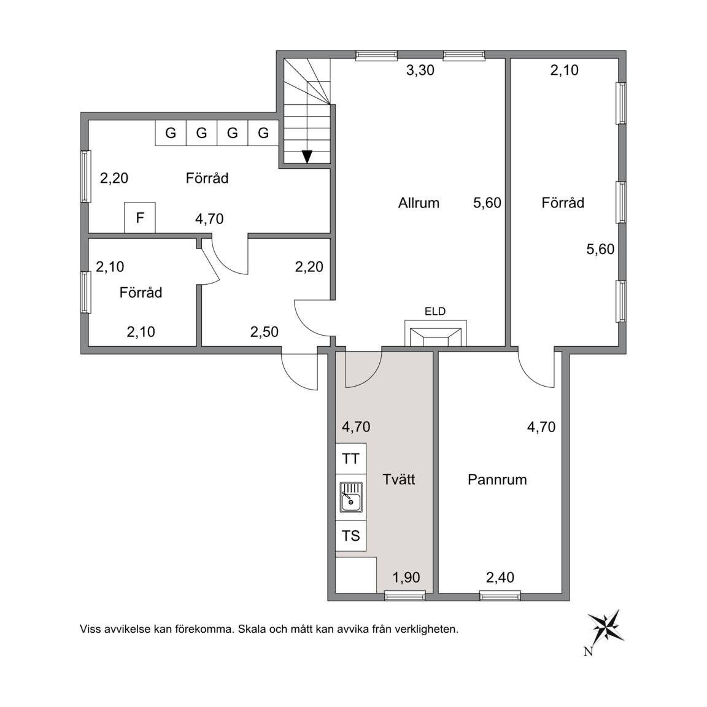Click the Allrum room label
(x=419, y=203)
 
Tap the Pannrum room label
(x=497, y=479)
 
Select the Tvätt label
(x=398, y=479)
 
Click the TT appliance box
(x=351, y=458)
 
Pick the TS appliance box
(x=351, y=536)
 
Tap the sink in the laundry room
(x=351, y=497)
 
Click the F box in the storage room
(x=140, y=218)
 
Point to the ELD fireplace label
(x=435, y=311)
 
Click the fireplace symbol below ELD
(x=436, y=334)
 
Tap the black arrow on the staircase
(x=307, y=156)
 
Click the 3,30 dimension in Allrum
(x=420, y=71)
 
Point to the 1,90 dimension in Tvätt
(x=406, y=577)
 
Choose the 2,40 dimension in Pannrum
(x=500, y=577)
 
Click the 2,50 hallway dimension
(x=265, y=332)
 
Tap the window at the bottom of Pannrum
(x=500, y=597)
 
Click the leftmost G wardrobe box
(x=171, y=133)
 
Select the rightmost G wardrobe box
(x=263, y=133)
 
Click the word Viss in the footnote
(x=90, y=629)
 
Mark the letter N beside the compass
(x=588, y=652)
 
